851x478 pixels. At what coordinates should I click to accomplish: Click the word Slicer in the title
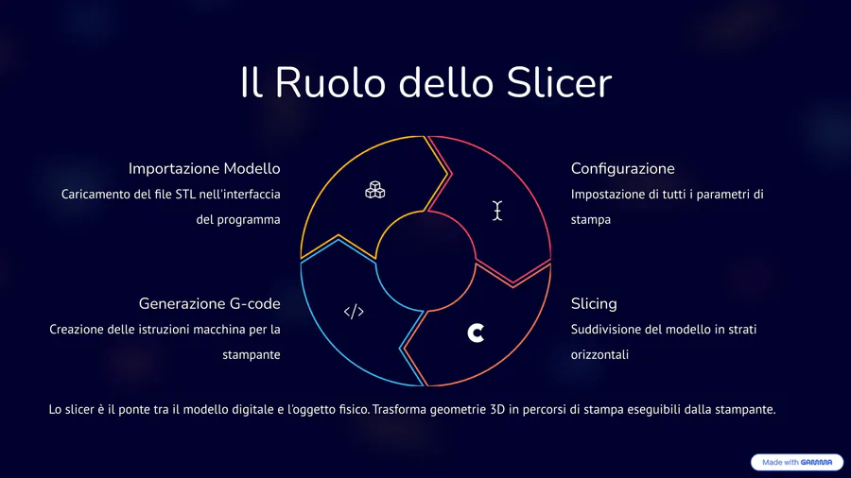(x=559, y=82)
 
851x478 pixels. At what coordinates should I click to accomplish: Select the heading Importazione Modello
(x=204, y=168)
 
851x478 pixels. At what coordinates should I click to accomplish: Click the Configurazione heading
(x=622, y=168)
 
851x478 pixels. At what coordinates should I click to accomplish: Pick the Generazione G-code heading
(x=210, y=303)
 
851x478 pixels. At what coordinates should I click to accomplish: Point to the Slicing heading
(x=594, y=303)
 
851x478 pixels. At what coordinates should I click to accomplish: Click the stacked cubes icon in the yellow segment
(x=375, y=190)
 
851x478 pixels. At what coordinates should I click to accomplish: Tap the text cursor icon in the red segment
(x=497, y=211)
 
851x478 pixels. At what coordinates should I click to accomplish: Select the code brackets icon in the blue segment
(x=354, y=312)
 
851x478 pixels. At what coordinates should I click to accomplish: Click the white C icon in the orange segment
(x=476, y=333)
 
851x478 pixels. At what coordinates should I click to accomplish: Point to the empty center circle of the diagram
(x=425, y=262)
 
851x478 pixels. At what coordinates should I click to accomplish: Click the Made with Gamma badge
(x=797, y=462)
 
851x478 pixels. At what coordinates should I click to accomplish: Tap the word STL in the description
(x=185, y=194)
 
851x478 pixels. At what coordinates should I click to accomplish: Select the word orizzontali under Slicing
(x=599, y=354)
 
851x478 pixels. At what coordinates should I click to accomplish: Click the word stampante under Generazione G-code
(x=252, y=355)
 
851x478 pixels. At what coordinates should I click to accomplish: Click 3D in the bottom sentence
(x=497, y=409)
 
